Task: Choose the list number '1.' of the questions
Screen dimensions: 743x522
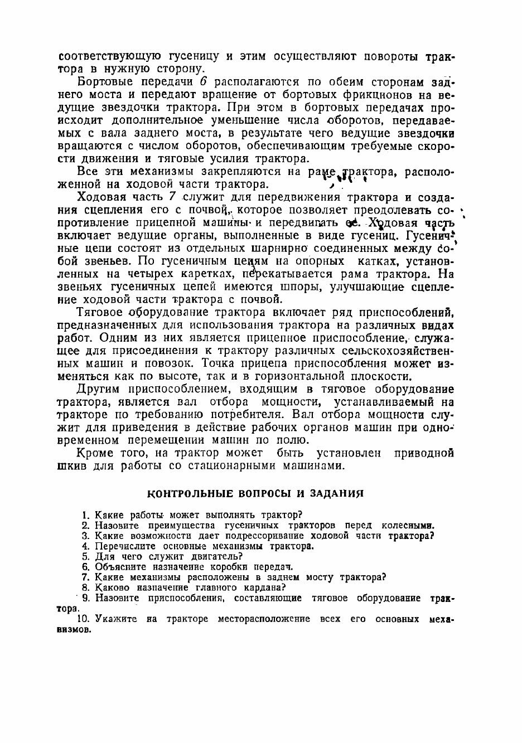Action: pyautogui.click(x=85, y=514)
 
